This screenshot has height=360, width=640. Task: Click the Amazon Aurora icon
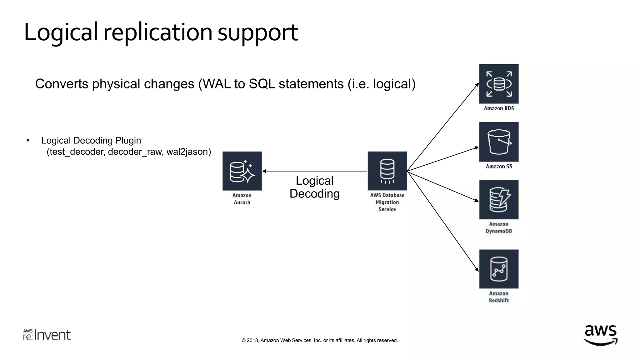coord(242,171)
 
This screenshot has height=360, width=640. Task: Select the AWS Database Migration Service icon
coord(387,171)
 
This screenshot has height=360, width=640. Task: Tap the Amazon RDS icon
coord(499,84)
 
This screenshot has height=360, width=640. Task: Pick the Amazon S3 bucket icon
coord(499,142)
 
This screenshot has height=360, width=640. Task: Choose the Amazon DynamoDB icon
coord(499,200)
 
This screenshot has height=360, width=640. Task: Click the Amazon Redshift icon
coord(499,269)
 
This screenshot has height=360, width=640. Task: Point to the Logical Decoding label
coord(314,187)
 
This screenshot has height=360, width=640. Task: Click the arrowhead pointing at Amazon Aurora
coord(264,171)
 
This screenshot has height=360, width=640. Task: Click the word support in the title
coord(257,32)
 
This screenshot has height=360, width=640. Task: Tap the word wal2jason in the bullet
coord(188,152)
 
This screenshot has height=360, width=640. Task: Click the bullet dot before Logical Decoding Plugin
coord(28,141)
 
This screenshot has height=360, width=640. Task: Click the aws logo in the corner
coord(600,335)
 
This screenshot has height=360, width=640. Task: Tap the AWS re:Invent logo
coord(47,335)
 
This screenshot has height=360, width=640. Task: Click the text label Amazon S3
coord(499,167)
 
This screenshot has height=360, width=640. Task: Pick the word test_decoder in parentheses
coord(76,152)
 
